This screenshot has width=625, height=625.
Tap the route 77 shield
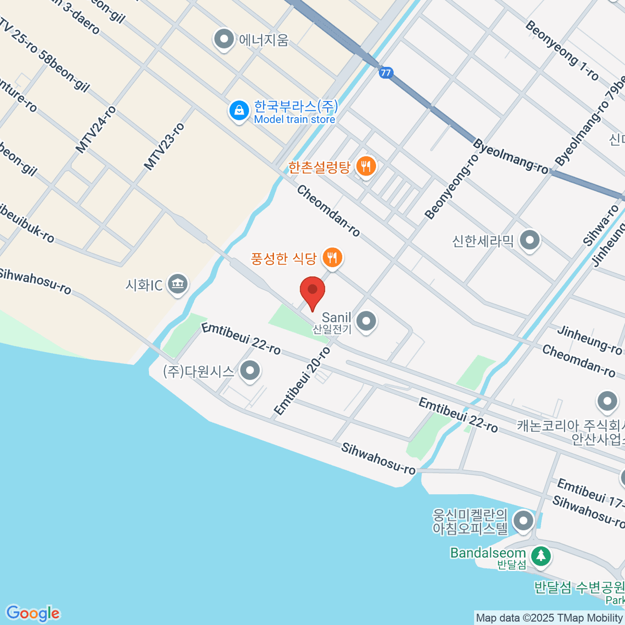pyautogui.click(x=385, y=73)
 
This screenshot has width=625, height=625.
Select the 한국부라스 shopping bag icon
pyautogui.click(x=239, y=111)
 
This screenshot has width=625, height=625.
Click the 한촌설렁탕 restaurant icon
pyautogui.click(x=367, y=167)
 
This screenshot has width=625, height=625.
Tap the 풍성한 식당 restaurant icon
pyautogui.click(x=332, y=257)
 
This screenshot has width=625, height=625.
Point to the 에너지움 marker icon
pyautogui.click(x=224, y=40)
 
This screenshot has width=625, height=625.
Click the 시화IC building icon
pyautogui.click(x=178, y=284)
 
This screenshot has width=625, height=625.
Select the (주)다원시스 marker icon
pyautogui.click(x=251, y=371)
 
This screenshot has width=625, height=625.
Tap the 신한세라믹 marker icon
pyautogui.click(x=530, y=241)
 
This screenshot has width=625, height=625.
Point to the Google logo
pyautogui.click(x=33, y=614)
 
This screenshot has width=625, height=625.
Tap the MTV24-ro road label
pyautogui.click(x=96, y=130)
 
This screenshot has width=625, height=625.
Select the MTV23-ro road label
pyautogui.click(x=164, y=146)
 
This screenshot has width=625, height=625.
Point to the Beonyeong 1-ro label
pyautogui.click(x=561, y=50)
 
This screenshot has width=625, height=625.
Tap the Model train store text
pyautogui.click(x=294, y=119)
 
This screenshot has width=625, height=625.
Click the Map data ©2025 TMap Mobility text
pyautogui.click(x=549, y=618)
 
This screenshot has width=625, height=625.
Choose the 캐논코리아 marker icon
pyautogui.click(x=607, y=402)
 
